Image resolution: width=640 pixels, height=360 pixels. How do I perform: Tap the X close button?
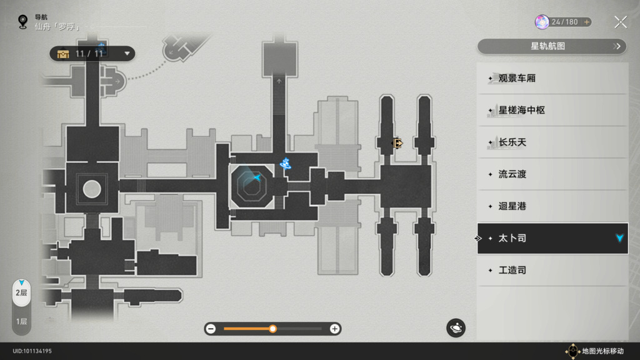tap(620, 22)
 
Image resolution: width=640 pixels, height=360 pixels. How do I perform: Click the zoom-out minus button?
tap(211, 329)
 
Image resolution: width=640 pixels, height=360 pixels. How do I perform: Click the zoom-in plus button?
tap(335, 329)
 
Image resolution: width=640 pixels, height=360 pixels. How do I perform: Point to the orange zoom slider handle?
tap(273, 329)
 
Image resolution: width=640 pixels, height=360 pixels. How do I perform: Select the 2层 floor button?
tap(21, 292)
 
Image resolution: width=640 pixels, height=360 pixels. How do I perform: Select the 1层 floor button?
tap(21, 321)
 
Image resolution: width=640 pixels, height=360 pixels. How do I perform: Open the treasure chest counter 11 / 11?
tap(92, 54)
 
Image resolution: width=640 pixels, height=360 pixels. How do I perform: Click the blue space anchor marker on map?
tap(286, 164)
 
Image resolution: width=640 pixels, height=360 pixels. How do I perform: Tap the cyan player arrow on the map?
tap(257, 178)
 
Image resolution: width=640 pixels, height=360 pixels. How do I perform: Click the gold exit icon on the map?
tap(397, 143)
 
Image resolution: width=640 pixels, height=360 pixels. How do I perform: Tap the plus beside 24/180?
tap(587, 22)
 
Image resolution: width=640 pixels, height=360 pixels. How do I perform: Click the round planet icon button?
tap(456, 327)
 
